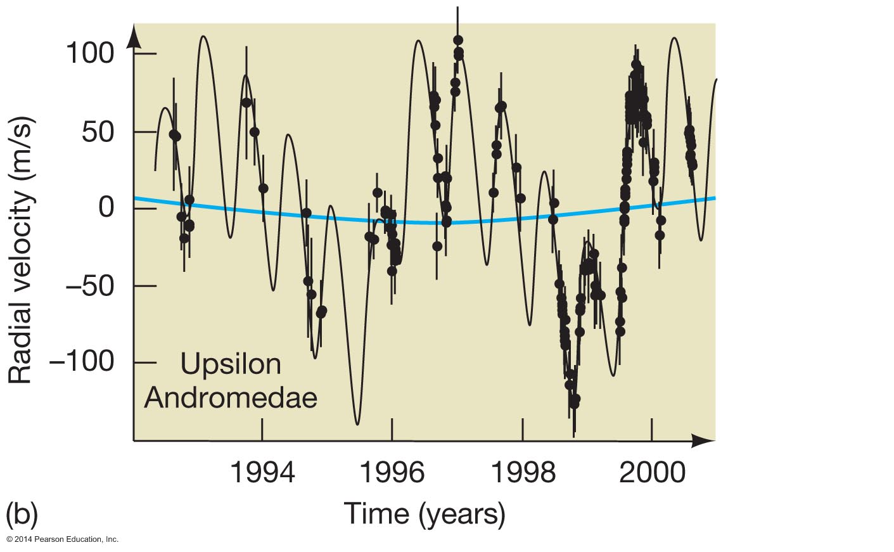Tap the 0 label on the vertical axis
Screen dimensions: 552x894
[x=106, y=207]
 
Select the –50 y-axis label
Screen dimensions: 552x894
[x=90, y=286]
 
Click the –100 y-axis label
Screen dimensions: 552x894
[x=81, y=363]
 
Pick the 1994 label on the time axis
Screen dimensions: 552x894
[x=262, y=473]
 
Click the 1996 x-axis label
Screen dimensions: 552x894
[x=392, y=473]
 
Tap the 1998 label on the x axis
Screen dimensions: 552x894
[x=522, y=473]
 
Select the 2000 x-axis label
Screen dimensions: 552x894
[x=652, y=473]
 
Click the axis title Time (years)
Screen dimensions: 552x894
[x=424, y=513]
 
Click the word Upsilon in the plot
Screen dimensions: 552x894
[x=231, y=364]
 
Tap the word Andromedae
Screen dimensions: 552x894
[x=231, y=398]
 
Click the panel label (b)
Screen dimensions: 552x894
[x=22, y=514]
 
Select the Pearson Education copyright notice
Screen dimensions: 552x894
[x=62, y=539]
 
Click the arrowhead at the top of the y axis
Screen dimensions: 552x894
[x=134, y=37]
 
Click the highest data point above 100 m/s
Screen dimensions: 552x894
[x=458, y=41]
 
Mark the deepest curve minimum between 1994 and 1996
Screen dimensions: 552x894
[x=357, y=423]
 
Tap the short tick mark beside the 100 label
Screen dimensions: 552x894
[x=145, y=54]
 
